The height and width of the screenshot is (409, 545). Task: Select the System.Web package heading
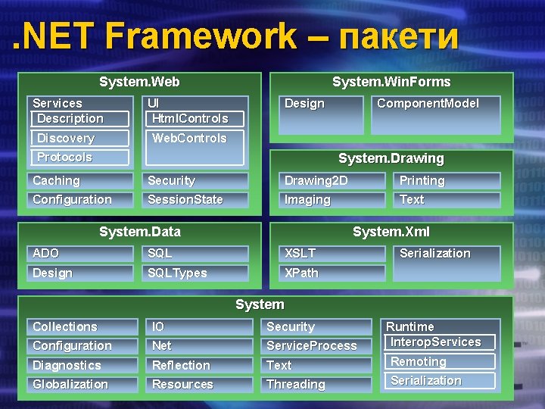point(139,82)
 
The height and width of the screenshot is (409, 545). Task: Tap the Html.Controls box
point(195,119)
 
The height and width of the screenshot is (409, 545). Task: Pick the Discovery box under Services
point(79,138)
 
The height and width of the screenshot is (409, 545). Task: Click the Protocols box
point(79,158)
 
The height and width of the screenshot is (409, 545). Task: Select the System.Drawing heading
point(391,159)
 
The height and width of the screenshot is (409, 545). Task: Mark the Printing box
point(447,181)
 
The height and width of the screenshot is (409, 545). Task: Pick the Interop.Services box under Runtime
point(439,342)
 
